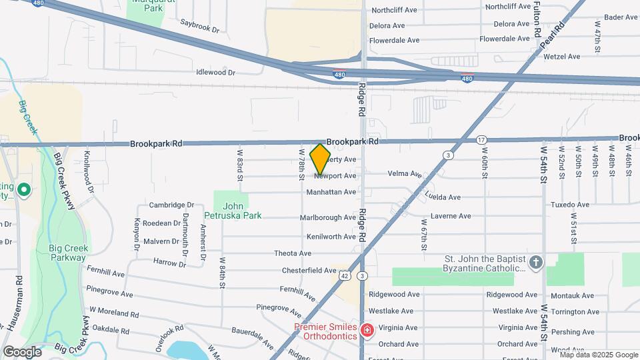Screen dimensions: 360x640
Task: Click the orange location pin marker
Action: tap(321, 159)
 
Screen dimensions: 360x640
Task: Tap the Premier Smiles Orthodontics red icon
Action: tap(366, 330)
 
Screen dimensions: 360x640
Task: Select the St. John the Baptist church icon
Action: tap(536, 263)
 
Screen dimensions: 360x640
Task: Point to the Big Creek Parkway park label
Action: tap(69, 253)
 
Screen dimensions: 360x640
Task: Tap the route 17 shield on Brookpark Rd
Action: tap(482, 139)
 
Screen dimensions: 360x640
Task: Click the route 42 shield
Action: tap(344, 275)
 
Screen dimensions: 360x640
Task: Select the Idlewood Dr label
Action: tap(216, 72)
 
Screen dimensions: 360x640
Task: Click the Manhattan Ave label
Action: tap(331, 192)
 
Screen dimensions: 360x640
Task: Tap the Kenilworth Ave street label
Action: tap(331, 237)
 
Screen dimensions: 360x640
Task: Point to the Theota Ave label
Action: tap(293, 253)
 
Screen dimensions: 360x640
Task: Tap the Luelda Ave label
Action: tap(443, 197)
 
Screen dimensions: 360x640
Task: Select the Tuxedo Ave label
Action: tap(569, 205)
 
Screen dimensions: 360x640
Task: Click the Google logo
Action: tap(22, 351)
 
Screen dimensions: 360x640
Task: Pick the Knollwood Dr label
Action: tap(86, 167)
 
